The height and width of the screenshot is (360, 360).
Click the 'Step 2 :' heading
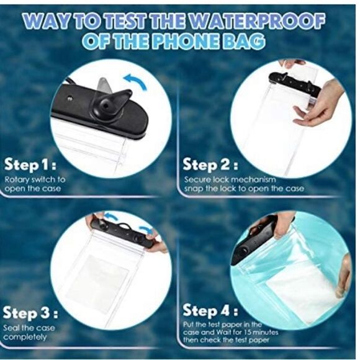209,165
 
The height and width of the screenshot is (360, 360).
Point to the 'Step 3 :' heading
29,313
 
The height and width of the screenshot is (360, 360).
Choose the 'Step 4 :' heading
210,310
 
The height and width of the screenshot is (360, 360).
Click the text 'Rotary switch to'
35,179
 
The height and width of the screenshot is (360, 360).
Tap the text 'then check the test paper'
227,340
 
